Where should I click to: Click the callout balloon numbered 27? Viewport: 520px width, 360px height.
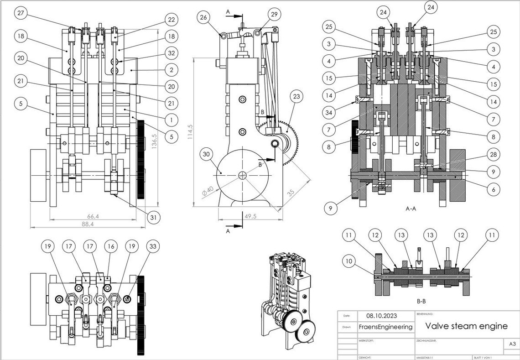click(21, 13)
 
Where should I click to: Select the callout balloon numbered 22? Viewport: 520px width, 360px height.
click(171, 20)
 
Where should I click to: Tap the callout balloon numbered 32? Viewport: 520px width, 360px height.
click(171, 53)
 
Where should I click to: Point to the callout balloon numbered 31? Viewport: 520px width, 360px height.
click(153, 218)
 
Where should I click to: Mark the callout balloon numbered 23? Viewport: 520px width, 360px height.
click(297, 97)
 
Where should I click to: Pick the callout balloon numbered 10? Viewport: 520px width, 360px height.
click(349, 261)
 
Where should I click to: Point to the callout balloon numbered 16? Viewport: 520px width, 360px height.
click(109, 246)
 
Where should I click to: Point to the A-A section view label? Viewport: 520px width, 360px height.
click(411, 209)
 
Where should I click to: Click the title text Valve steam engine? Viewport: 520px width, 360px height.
click(466, 326)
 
